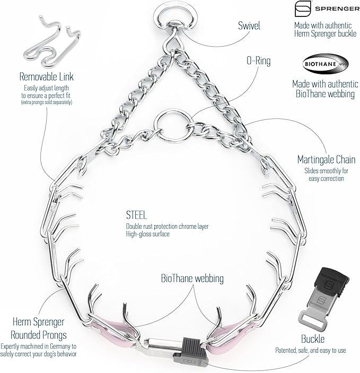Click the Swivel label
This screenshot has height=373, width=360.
[249, 25]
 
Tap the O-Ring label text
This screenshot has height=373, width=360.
[258, 60]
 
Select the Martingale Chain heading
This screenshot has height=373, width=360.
[326, 159]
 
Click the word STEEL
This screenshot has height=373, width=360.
[136, 215]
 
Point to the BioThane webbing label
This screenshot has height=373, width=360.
[192, 279]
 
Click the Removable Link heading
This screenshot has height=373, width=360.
[46, 76]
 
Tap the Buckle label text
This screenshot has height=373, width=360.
[313, 339]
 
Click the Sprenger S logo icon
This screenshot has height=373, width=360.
[303, 8]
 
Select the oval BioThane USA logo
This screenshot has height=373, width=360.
[326, 64]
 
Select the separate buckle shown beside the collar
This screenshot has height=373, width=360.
[323, 298]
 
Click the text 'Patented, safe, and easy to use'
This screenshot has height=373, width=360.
[311, 350]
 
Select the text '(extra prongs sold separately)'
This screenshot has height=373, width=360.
[47, 102]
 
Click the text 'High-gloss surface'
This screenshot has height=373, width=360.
[148, 234]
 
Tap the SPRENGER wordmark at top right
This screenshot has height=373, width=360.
[337, 9]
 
